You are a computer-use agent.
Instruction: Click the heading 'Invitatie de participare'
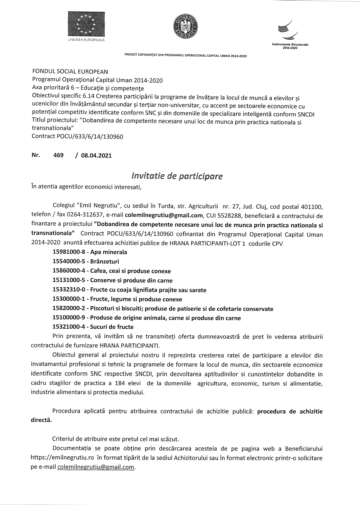[x=177, y=176]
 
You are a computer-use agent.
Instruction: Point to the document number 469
[x=58, y=155]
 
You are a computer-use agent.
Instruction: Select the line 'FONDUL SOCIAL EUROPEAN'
[x=70, y=71]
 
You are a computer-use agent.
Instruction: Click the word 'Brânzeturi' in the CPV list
[x=105, y=262]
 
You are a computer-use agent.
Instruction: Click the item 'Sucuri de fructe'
[x=112, y=327]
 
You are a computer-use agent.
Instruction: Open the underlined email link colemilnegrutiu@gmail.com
[x=96, y=467]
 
